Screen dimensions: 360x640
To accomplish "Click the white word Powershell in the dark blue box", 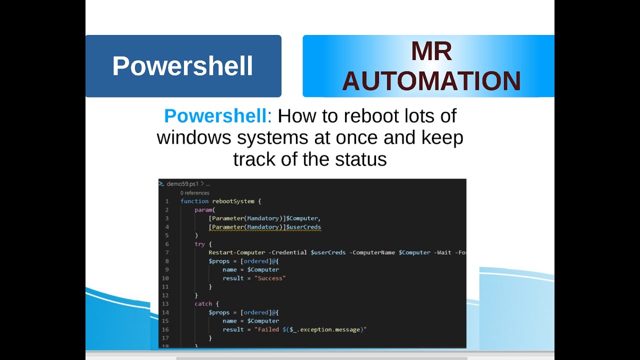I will pos(182,66).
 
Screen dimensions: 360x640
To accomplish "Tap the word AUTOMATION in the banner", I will pos(431,81).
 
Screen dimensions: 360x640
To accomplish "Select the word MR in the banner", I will pos(431,51).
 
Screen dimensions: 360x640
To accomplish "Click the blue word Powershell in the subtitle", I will pos(215,116).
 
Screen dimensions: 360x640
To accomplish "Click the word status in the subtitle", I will pos(360,159).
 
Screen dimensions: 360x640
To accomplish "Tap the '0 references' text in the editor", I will pos(195,193).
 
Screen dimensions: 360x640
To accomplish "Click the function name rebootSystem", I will pos(233,201).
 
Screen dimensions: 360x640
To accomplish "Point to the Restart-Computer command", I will pos(237,252).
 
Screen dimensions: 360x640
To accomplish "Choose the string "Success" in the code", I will pos(270,278).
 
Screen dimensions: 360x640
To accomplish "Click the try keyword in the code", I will pos(199,244).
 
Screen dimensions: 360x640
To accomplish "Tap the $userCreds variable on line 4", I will pos(303,227).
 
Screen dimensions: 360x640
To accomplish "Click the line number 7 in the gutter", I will pos(167,252).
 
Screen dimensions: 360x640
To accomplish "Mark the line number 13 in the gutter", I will pos(165,303).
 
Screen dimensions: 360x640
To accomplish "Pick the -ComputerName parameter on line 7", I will pos(373,252).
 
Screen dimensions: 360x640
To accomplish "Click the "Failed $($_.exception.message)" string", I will pos(310,329).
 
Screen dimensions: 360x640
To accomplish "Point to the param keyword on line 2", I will pos(203,210).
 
